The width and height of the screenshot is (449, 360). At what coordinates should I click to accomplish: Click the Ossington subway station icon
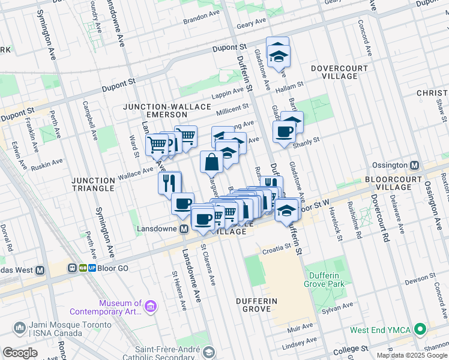tap(415, 165)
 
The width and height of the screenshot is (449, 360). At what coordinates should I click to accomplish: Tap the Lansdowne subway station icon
tap(184, 229)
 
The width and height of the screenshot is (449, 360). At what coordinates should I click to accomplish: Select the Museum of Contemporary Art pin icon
tap(150, 307)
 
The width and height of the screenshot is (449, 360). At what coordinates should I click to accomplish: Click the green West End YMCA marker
tap(421, 329)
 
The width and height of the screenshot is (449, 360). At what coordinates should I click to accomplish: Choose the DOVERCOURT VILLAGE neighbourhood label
tap(339, 73)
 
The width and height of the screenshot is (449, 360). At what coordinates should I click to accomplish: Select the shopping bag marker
tap(212, 162)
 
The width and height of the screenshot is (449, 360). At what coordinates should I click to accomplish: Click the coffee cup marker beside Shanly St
tap(284, 132)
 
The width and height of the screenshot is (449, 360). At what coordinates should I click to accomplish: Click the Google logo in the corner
tap(20, 353)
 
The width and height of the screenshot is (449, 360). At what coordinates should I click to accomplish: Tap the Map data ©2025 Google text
tap(412, 355)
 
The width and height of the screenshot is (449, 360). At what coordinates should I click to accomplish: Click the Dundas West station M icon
tap(40, 270)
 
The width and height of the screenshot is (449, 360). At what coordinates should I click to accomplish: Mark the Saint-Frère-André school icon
tap(208, 352)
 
